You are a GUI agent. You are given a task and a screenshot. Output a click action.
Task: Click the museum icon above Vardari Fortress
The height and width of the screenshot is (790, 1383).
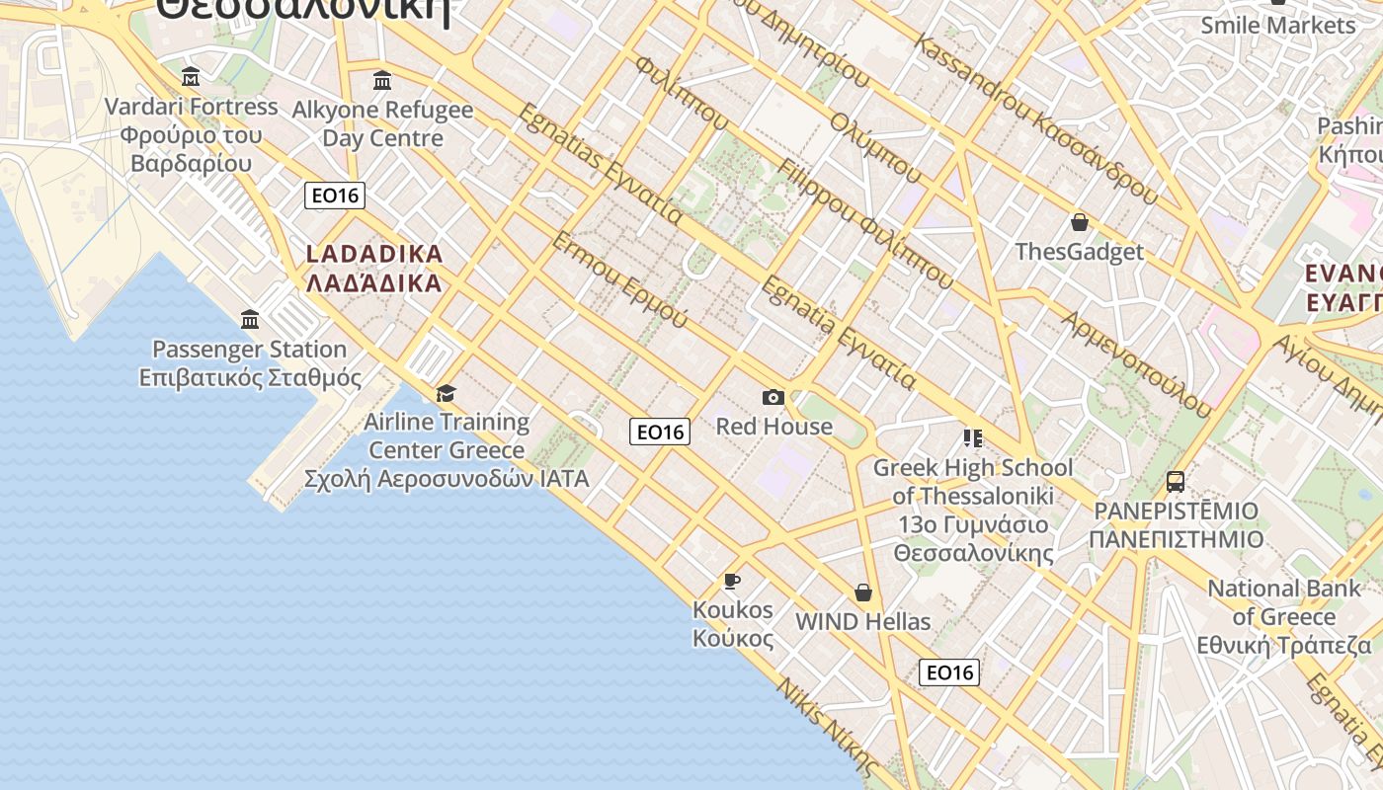coord(191,76)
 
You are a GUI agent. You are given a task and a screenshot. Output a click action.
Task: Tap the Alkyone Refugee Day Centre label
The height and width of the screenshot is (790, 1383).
coord(382,123)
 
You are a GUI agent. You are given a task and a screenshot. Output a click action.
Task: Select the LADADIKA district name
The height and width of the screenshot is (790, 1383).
coord(374,269)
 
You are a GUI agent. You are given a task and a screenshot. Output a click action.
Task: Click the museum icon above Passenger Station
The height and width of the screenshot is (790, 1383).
coord(250,319)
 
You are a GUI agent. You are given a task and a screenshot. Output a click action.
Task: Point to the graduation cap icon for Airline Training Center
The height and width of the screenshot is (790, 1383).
coord(447,393)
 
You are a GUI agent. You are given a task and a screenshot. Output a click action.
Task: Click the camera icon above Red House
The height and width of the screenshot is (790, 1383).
coord(773,397)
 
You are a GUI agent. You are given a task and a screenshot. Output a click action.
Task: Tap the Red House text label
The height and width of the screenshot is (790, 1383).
coord(773,427)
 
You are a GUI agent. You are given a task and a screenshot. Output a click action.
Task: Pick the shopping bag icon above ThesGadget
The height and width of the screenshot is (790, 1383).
coord(1080,222)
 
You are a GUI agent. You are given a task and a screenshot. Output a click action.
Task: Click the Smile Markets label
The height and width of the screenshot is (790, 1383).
coord(1278,26)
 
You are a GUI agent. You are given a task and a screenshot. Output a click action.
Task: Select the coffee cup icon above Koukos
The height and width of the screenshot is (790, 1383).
coord(732,580)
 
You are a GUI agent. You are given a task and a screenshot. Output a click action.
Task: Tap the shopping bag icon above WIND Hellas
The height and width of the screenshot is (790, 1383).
coord(863,592)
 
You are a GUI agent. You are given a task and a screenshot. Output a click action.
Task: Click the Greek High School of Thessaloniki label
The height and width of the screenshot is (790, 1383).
coord(973,510)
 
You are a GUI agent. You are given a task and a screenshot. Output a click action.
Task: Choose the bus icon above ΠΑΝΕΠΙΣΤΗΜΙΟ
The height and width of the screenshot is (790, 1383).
coord(1176,482)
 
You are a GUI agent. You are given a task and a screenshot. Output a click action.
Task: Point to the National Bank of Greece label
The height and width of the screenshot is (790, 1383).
coord(1284,616)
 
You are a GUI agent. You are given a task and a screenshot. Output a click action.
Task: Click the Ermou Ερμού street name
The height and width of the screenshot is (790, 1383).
coord(619,279)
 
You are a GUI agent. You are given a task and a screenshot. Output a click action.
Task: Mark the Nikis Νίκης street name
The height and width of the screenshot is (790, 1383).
coord(827,726)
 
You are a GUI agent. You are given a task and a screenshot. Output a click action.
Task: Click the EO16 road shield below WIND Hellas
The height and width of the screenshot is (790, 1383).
coord(949,672)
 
